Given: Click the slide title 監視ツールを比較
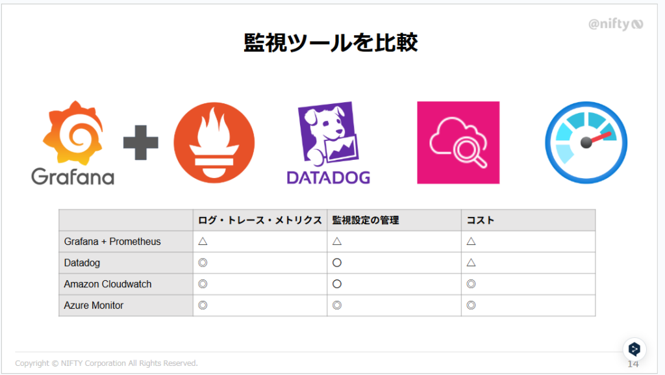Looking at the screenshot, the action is pos(331,42).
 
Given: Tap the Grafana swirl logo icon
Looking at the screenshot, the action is pos(73,133).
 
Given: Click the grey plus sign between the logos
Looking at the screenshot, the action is pos(141,142).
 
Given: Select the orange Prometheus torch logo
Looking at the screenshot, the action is pos(214,142).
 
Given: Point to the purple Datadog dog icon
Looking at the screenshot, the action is pos(328,133).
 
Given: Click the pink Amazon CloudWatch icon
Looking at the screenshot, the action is pos(458,142).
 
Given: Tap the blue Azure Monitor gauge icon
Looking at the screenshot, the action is pos(586,142).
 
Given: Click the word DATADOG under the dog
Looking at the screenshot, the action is pos(328,177).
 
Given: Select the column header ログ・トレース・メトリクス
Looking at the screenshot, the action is pos(260,220).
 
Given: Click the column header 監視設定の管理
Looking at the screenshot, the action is pos(366,220).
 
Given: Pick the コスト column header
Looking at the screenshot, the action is pos(481,220).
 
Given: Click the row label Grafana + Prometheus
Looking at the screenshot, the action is pos(112,241).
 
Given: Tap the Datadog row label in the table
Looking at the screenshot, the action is pos(82,263).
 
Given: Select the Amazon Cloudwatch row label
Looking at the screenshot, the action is pos(108,284).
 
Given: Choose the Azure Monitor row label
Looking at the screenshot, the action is pos(94,305).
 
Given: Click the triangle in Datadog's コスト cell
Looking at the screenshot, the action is pos(471,263).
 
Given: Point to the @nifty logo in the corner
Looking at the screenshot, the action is pos(616,24).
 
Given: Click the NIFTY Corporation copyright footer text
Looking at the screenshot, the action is pos(107,363).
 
